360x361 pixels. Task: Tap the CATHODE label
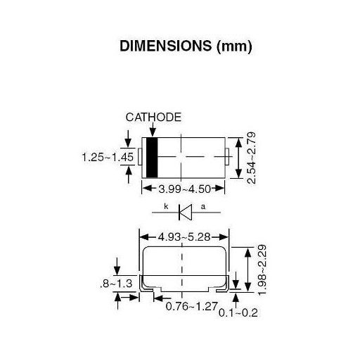click(154, 117)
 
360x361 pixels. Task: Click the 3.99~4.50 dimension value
click(184, 189)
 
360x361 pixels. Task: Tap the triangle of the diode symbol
click(186, 210)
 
